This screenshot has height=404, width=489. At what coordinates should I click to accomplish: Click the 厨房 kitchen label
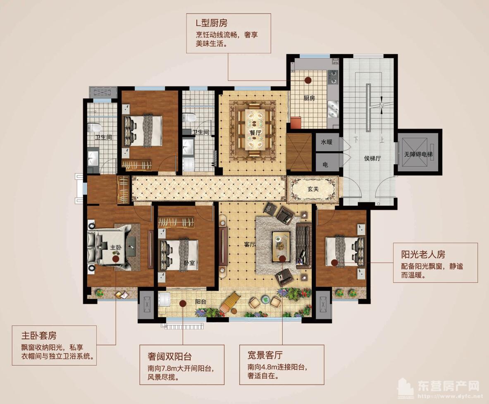[x=309, y=98]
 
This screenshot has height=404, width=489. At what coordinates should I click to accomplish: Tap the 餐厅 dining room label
[x=255, y=133]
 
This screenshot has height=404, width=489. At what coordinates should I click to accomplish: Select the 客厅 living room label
[x=250, y=244]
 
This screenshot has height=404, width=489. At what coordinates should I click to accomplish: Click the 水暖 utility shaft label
[x=327, y=142]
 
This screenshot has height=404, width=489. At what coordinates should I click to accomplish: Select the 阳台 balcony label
[x=201, y=302]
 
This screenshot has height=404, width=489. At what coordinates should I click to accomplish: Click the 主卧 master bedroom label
[x=116, y=247]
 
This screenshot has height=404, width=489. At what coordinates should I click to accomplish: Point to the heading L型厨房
[x=212, y=23]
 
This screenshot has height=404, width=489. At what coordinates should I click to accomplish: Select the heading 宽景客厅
[x=265, y=355]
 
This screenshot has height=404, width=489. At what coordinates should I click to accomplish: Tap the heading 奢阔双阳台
[x=169, y=356]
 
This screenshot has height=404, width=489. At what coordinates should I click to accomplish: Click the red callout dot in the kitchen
[x=308, y=79]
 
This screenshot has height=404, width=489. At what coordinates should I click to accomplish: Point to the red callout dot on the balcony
[x=183, y=303]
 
